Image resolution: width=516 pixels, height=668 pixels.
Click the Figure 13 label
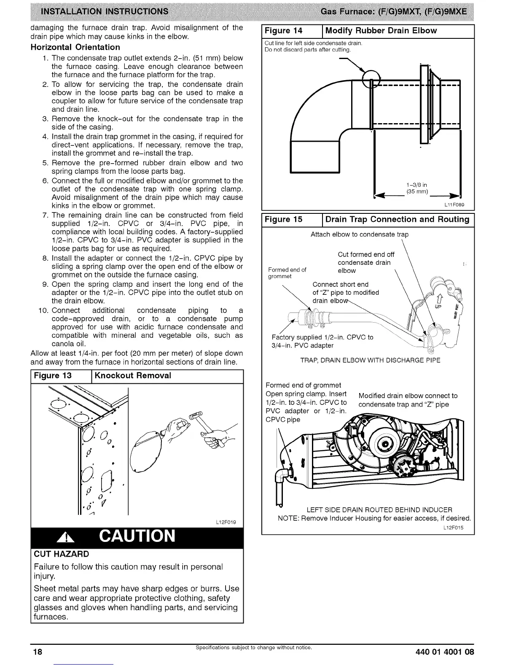53,376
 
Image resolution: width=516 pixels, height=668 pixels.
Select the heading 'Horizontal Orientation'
75,47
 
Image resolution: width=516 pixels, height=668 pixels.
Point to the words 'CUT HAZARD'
61,554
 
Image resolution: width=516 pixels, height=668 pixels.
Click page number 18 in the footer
38,652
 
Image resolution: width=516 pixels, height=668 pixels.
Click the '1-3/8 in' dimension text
417,185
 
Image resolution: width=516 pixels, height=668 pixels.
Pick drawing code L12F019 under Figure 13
226,523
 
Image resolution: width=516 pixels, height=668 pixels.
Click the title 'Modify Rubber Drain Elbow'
381,31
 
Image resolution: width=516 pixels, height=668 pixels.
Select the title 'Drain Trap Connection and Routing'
397,219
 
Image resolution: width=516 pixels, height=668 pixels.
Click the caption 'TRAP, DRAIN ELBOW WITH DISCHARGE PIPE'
370,360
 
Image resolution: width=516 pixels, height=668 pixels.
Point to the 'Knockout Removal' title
133,376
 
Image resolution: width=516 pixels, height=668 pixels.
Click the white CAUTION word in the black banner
137,536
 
